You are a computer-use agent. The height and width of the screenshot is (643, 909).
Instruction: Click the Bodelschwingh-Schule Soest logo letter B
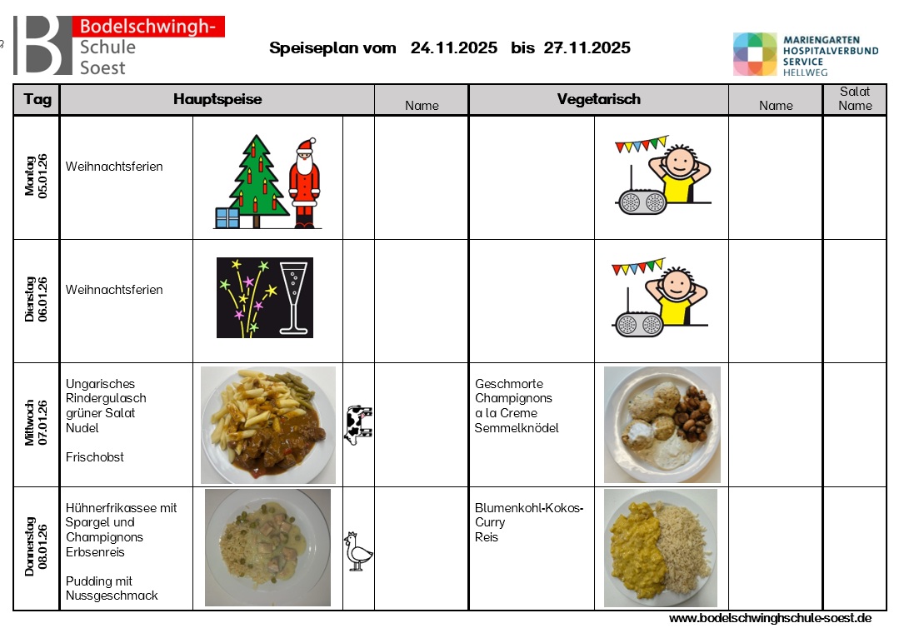[x=42, y=46]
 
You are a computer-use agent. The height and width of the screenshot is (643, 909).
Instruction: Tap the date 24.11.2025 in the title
[x=454, y=48]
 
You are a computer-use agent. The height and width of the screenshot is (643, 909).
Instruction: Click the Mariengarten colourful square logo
[x=755, y=55]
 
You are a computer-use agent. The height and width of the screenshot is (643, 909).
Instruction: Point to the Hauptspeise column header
[x=217, y=100]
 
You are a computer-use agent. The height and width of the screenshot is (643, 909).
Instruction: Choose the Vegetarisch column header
[x=598, y=100]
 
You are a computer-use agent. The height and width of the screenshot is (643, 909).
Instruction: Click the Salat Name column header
[x=855, y=99]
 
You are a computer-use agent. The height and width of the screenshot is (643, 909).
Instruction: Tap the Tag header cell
[x=37, y=100]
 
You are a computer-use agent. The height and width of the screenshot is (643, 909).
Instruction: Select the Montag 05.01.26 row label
[x=37, y=177]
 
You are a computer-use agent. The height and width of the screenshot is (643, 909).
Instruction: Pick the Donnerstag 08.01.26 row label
[x=37, y=550]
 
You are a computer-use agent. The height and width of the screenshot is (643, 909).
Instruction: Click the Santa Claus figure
[x=304, y=184]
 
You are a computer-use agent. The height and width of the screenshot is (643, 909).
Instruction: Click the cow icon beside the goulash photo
[x=358, y=425]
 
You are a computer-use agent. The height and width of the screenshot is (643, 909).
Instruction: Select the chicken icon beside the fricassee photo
[x=357, y=551]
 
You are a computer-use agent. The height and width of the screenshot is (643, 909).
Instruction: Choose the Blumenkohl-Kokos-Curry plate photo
[x=661, y=548]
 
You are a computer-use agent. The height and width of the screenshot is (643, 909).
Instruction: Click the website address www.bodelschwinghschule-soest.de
[x=770, y=619]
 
